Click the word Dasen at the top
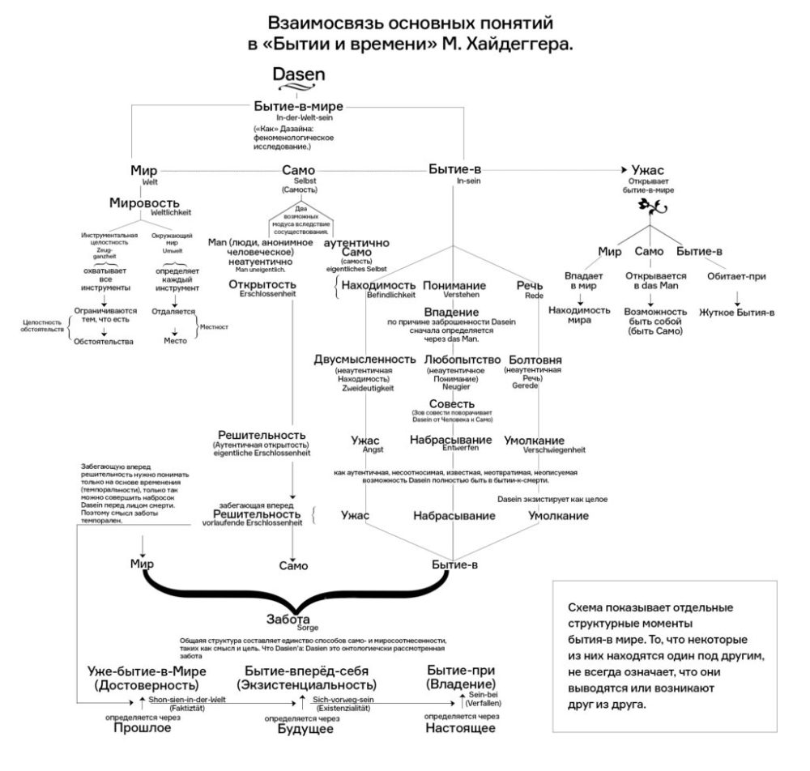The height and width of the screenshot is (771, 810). click(299, 75)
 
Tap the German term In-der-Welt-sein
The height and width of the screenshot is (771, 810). click(299, 118)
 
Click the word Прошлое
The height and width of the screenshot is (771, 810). click(141, 728)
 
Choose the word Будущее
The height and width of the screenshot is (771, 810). click(301, 728)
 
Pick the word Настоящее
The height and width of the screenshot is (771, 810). click(460, 728)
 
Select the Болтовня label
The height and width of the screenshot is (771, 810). click(535, 359)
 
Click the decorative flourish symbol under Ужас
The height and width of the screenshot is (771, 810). click(653, 210)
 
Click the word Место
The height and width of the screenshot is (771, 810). click(176, 341)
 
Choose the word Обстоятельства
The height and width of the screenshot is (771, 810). click(103, 342)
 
